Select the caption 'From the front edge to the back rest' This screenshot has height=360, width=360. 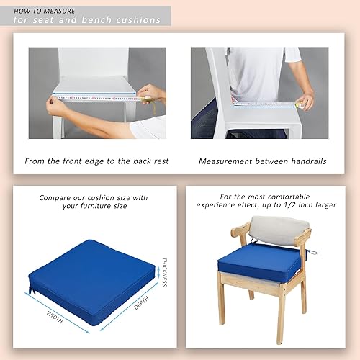(x=96, y=161)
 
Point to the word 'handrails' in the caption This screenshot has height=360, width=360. (x=305, y=161)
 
